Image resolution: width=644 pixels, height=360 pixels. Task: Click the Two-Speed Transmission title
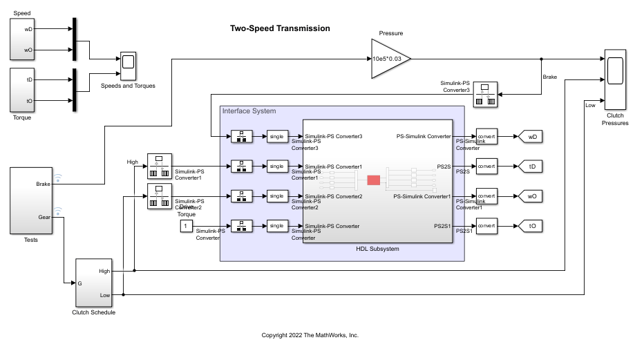coord(280,29)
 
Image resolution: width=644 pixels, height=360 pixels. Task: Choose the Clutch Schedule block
coord(93,283)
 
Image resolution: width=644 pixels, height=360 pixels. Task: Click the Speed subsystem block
coord(27,39)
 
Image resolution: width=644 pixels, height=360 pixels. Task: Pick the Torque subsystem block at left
coord(27,89)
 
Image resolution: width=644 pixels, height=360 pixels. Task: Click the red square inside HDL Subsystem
coord(373,180)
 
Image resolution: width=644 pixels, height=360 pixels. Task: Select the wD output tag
coord(531,137)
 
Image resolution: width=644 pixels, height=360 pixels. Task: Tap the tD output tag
coord(531,167)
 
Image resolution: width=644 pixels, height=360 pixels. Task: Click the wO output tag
coord(531,196)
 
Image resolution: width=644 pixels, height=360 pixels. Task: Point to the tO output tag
coord(531,226)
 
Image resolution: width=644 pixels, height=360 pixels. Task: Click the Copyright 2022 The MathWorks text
coord(310,335)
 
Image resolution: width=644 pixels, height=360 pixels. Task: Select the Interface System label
coord(249,111)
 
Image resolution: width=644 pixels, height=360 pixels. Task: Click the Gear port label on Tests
coord(45,216)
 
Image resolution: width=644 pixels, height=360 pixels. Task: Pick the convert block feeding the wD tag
coord(486,137)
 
